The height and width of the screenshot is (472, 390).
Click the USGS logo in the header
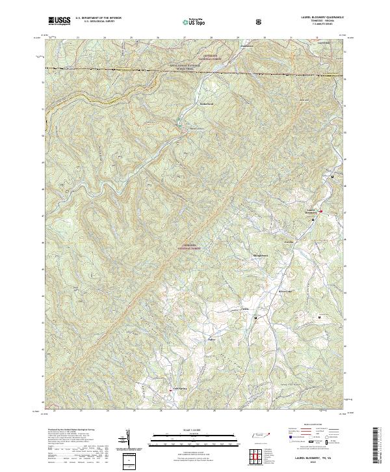[x=59, y=21]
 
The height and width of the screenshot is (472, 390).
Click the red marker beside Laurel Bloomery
[x=320, y=211]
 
